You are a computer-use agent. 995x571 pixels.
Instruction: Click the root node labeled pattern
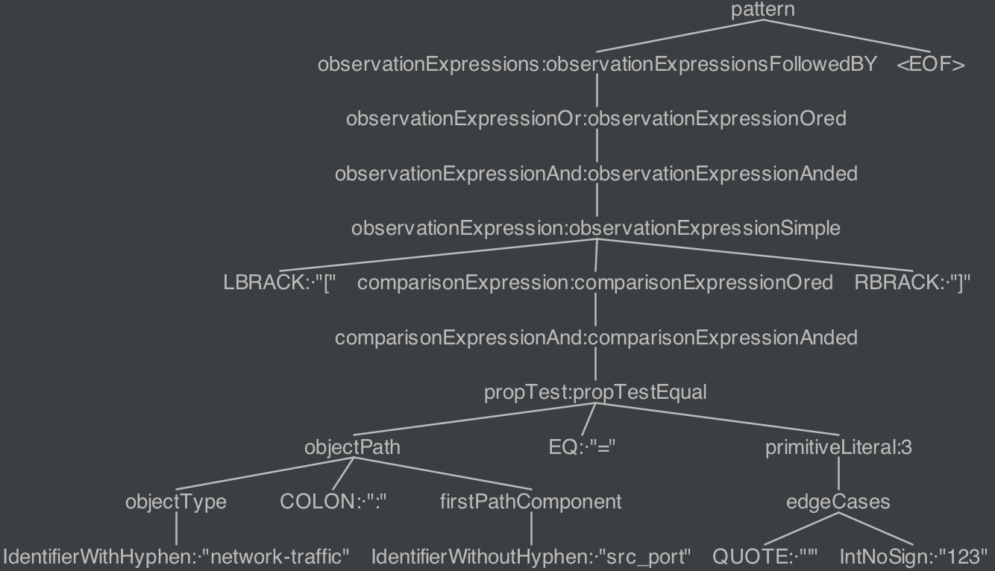762,10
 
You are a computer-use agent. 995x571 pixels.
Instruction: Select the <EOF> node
930,65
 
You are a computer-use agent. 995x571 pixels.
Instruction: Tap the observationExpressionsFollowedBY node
597,65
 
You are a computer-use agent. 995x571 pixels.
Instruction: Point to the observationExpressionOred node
595,119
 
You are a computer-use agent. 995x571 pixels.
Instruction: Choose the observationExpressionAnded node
595,174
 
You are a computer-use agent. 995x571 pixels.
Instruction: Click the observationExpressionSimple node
595,228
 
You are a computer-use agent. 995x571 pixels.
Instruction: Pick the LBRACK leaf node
280,283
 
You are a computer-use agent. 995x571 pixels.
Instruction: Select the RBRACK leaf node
912,283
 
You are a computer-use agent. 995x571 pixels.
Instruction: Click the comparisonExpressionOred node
594,283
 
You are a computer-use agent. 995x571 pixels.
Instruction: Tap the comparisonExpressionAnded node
595,338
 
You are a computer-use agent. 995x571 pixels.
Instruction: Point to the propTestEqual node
594,393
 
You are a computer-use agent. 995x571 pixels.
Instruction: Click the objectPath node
352,447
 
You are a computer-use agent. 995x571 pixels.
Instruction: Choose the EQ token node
582,447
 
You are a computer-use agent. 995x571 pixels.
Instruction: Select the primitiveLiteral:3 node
838,447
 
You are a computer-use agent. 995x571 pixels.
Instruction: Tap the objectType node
175,502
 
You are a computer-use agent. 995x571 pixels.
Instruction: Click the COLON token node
333,502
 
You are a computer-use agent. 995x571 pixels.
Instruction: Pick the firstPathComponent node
530,502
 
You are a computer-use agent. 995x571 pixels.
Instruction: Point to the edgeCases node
838,502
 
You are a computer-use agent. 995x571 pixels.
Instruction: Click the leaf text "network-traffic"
276,557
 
